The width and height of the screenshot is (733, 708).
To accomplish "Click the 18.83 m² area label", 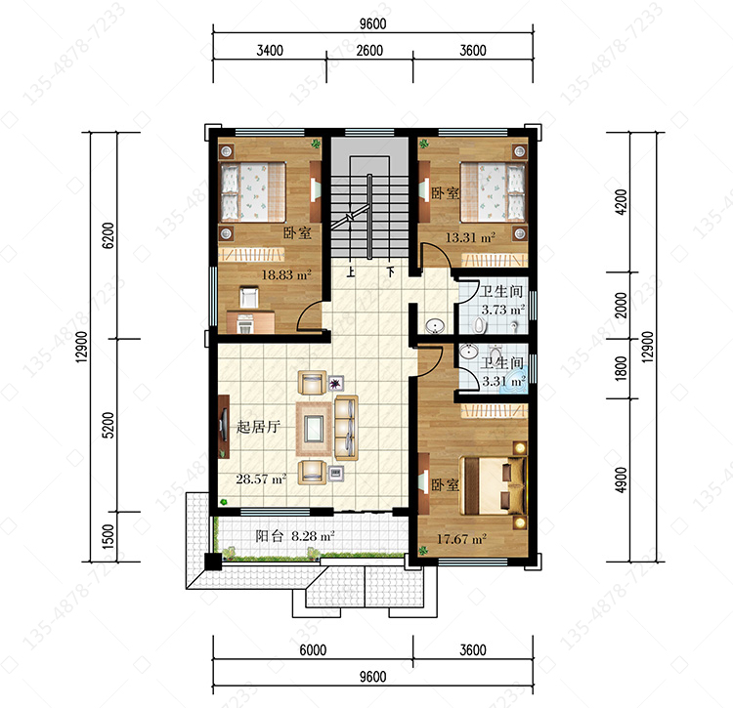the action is pyautogui.click(x=286, y=274).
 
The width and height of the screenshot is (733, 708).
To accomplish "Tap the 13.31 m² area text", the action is pyautogui.click(x=470, y=237).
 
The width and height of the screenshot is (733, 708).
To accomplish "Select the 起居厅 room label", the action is pyautogui.click(x=258, y=427).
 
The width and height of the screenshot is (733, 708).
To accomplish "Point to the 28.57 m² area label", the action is pyautogui.click(x=261, y=479).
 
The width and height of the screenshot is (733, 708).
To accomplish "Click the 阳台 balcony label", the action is pyautogui.click(x=270, y=536).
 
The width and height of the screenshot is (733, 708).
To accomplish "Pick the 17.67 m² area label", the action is pyautogui.click(x=461, y=539).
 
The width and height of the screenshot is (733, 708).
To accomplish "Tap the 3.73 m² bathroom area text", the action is pyautogui.click(x=503, y=310).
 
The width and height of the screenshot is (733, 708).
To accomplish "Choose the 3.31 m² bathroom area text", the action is pyautogui.click(x=503, y=381).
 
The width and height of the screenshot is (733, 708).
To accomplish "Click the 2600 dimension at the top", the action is pyautogui.click(x=369, y=50).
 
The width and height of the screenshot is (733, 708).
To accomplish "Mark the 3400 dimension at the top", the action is pyautogui.click(x=270, y=50).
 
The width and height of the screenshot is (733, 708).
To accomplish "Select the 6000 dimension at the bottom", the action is pyautogui.click(x=313, y=649).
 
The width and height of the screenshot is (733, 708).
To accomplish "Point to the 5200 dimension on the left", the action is pyautogui.click(x=108, y=425).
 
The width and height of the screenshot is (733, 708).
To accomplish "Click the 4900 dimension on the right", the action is pyautogui.click(x=621, y=479).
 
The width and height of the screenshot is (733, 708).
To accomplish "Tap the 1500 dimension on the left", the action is pyautogui.click(x=108, y=536).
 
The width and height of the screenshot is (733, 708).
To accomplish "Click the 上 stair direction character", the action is pyautogui.click(x=351, y=271).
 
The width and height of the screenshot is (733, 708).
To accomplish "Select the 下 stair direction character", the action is pyautogui.click(x=390, y=271).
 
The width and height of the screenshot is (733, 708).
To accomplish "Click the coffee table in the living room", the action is pyautogui.click(x=314, y=429).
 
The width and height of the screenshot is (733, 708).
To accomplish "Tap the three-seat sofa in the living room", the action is pyautogui.click(x=346, y=428).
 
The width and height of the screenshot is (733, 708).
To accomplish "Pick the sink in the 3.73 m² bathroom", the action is pyautogui.click(x=435, y=325).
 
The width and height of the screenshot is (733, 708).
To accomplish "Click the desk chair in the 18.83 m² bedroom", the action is pyautogui.click(x=248, y=297).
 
